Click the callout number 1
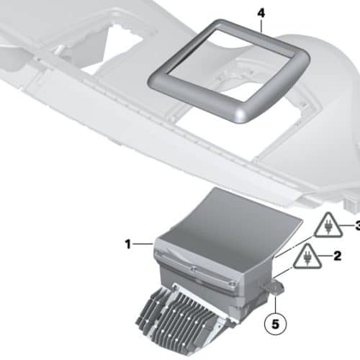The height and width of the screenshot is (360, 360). (x=128, y=244)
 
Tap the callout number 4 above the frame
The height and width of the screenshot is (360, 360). (x=261, y=13)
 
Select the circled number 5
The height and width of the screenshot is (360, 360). (x=275, y=324)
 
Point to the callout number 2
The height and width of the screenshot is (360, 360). (x=337, y=256)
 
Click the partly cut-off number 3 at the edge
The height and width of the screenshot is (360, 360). (x=358, y=225)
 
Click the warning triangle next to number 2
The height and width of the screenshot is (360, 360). (x=307, y=256)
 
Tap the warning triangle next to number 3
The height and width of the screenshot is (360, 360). (x=328, y=225)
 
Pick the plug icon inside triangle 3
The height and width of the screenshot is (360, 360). (x=328, y=228)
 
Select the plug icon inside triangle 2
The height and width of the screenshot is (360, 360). (x=307, y=258)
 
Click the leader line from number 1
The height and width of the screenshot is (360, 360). (x=143, y=244)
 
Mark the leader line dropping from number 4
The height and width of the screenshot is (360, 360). (x=261, y=26)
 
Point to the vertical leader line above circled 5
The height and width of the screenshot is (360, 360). (x=275, y=304)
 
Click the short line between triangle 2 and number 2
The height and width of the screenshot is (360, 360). (x=326, y=256)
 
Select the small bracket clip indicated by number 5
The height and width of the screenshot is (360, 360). (x=273, y=287)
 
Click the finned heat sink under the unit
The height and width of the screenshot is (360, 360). (x=182, y=318)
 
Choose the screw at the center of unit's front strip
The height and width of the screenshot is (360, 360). (x=192, y=269)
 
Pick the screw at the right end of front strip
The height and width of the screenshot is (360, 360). (x=231, y=284)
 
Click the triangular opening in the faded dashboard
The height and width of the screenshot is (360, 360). (x=113, y=50)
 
